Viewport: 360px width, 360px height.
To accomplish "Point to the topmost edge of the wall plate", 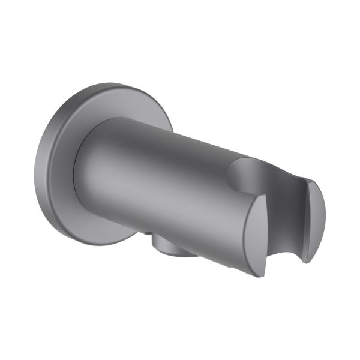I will (96, 83).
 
